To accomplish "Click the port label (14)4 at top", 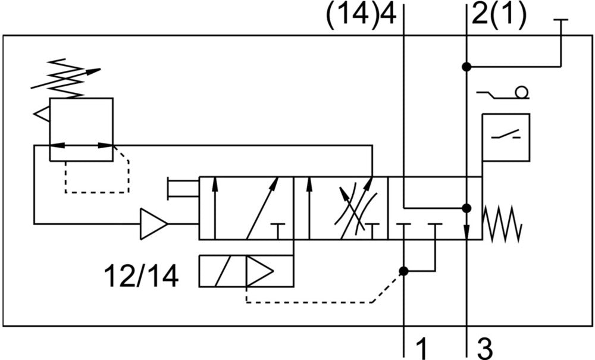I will coord(361,15).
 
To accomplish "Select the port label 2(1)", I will coord(499,15).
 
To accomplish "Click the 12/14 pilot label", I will coord(141,276).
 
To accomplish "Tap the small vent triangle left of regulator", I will coord(42,114).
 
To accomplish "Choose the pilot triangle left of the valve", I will coord(153,224).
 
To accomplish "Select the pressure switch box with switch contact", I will coord(506,137).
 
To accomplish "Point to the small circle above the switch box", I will coord(522,92).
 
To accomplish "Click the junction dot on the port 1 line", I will coord(404,271).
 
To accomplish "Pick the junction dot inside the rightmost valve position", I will coord(466,208).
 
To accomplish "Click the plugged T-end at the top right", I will coord(560,20).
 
